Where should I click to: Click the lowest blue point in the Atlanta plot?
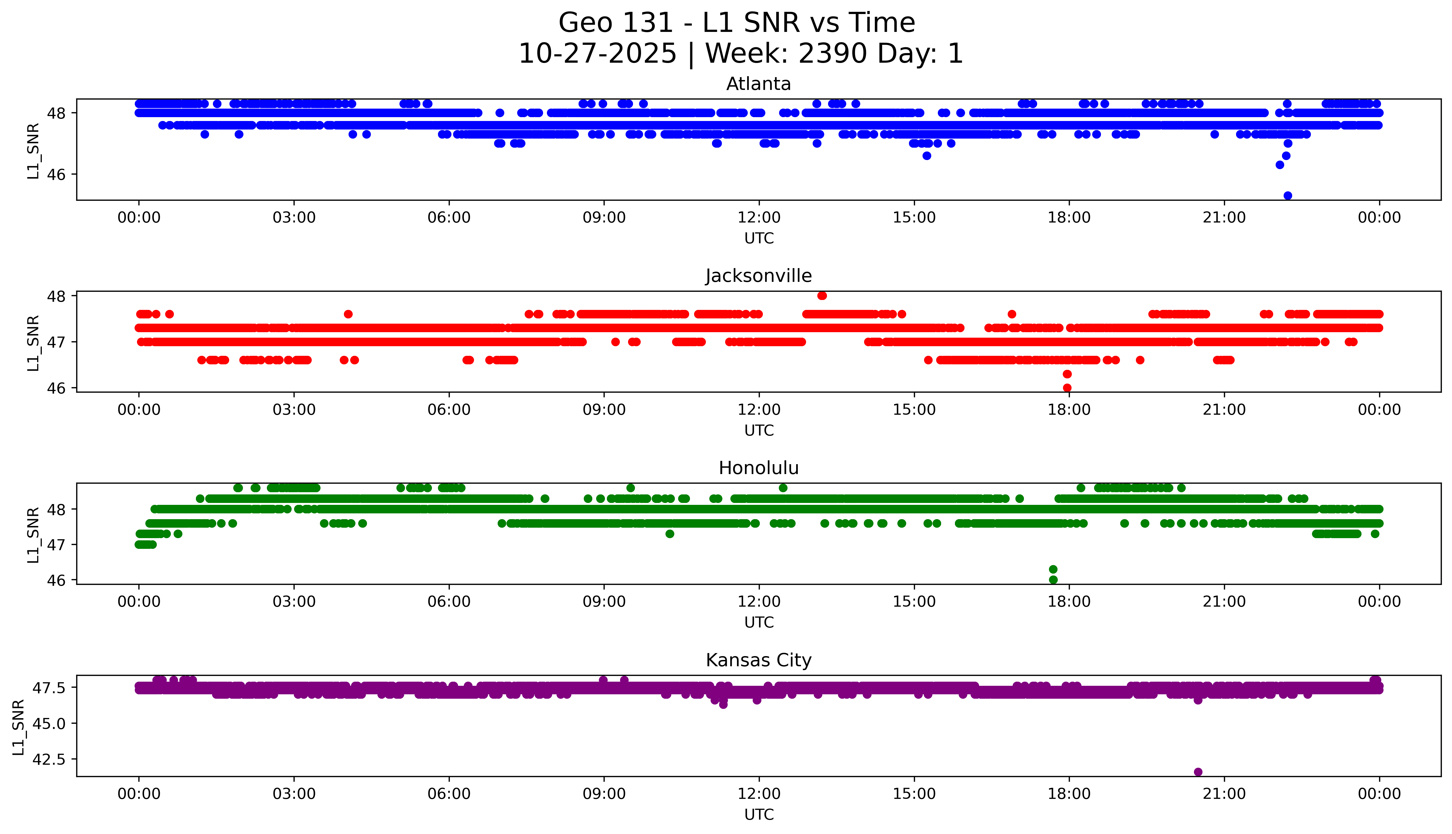pos(1287,195)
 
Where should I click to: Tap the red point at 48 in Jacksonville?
pos(822,296)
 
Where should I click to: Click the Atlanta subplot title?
pos(758,84)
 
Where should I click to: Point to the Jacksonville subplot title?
pos(758,276)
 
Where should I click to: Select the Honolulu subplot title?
pos(758,468)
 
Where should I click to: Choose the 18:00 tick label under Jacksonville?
pos(1069,409)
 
